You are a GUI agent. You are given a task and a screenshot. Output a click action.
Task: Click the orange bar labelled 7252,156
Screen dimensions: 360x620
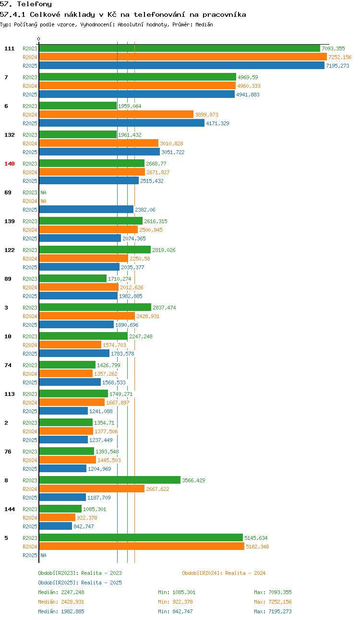click(x=183, y=57)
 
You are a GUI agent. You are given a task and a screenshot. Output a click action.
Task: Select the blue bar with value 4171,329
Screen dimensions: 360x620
click(x=122, y=123)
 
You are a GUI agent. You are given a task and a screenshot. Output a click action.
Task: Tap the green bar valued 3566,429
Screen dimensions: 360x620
click(x=110, y=480)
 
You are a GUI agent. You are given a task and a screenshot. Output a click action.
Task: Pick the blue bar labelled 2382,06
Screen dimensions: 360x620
click(x=86, y=210)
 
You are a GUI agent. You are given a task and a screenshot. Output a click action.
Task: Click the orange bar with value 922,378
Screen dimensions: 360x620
click(x=57, y=518)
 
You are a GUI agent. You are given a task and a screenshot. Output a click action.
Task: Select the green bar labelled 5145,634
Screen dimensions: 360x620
click(x=141, y=538)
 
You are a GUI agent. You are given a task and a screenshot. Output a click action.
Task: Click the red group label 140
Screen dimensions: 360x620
click(x=10, y=164)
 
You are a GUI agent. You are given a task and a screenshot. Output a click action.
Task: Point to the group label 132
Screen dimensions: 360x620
click(x=10, y=135)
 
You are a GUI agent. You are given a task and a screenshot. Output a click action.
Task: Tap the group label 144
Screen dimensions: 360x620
click(x=10, y=509)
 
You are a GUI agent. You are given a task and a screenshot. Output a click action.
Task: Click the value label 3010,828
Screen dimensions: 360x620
click(x=171, y=143)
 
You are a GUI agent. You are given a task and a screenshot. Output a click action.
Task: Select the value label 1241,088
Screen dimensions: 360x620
click(x=101, y=411)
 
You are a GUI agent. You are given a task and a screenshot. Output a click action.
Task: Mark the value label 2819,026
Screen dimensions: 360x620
click(x=164, y=250)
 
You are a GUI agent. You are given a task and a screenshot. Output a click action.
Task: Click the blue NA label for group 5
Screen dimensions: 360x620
click(x=44, y=555)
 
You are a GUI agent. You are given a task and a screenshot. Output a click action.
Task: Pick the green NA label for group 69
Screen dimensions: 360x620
click(x=44, y=192)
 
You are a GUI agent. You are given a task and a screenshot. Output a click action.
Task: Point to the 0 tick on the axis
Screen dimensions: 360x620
click(x=38, y=39)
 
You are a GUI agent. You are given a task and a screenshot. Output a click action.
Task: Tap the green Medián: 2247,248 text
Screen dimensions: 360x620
click(x=61, y=592)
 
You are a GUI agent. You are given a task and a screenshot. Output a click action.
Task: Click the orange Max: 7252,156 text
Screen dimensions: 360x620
click(x=273, y=602)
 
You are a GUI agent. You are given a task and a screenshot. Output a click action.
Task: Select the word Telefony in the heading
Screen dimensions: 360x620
click(x=35, y=4)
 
